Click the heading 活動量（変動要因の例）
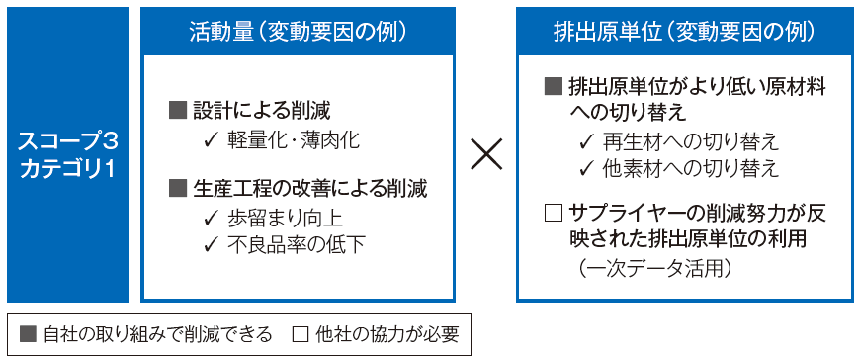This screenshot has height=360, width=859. [x=299, y=31]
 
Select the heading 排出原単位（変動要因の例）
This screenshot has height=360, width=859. [x=685, y=31]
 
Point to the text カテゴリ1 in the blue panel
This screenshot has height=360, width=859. [x=67, y=168]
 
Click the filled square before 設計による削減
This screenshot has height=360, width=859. [x=178, y=110]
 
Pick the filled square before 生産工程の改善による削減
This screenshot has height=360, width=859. [x=178, y=188]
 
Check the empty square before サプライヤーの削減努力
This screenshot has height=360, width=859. [x=554, y=212]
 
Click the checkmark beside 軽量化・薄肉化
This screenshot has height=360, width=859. [x=210, y=139]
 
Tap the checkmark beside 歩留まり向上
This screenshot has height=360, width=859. [x=210, y=217]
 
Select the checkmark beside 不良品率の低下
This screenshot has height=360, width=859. [x=210, y=243]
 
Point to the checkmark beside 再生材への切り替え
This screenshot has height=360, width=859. [x=586, y=140]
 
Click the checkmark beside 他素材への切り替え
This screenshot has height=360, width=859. [x=586, y=167]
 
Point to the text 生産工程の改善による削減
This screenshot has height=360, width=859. [x=310, y=188]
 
